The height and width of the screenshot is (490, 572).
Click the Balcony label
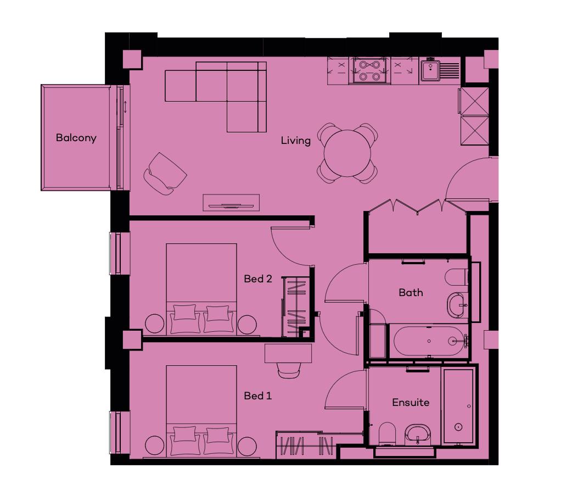click(x=76, y=138)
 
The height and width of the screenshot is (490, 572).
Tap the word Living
click(x=295, y=141)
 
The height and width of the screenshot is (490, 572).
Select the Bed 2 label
click(x=258, y=279)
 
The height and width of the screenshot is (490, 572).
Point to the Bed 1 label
click(x=258, y=396)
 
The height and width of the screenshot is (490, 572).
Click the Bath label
click(x=411, y=292)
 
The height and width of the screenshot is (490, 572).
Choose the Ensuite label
click(x=411, y=402)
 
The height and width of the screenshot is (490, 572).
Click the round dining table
click(x=347, y=153)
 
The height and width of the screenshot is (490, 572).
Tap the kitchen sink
click(x=440, y=71)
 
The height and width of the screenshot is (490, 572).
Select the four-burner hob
click(x=369, y=71)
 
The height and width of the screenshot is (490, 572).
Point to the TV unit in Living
click(x=231, y=203)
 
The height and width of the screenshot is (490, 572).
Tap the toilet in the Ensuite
click(x=387, y=434)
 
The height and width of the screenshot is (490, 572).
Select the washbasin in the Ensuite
click(x=418, y=435)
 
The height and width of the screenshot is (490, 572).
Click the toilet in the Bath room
click(x=456, y=277)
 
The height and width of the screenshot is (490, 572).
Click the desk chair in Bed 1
click(x=289, y=370)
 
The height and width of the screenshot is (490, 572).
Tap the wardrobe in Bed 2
click(x=296, y=307)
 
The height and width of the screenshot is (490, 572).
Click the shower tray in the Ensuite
click(x=458, y=406)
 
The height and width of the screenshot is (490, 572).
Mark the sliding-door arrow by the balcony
click(x=125, y=107)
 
